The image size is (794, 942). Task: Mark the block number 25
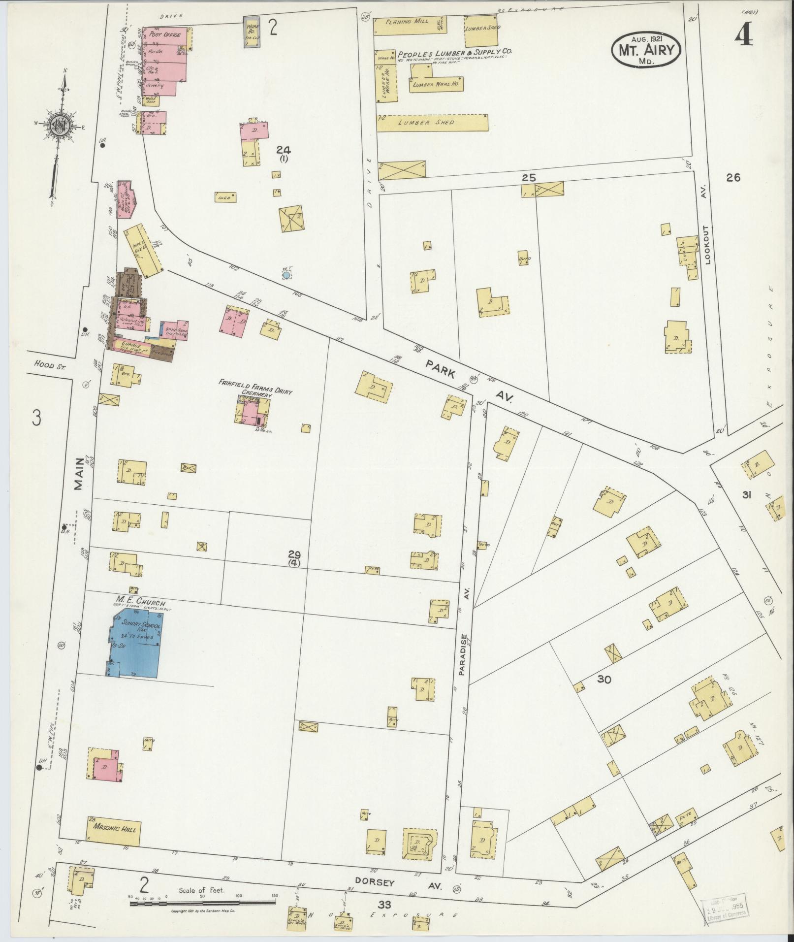529,178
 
